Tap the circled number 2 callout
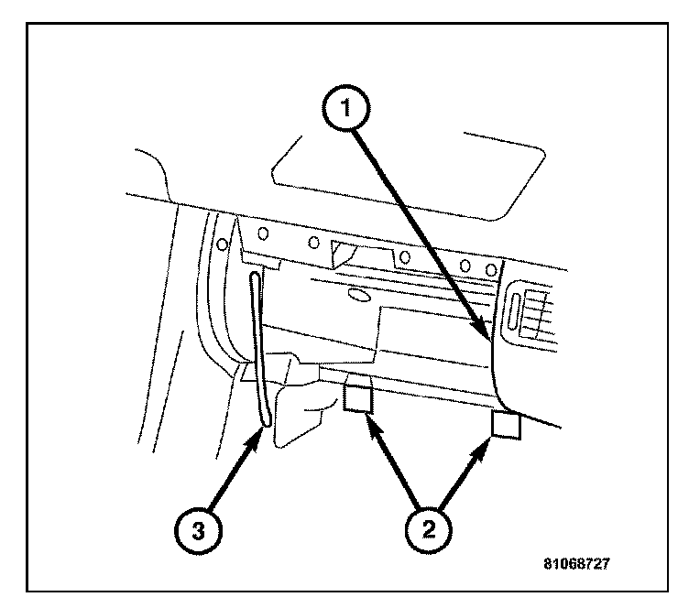(x=427, y=528)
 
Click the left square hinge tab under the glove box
(x=358, y=398)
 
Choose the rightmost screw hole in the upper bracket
(x=492, y=269)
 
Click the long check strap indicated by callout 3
(x=257, y=348)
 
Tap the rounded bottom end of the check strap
(x=266, y=420)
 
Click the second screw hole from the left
(x=264, y=233)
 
